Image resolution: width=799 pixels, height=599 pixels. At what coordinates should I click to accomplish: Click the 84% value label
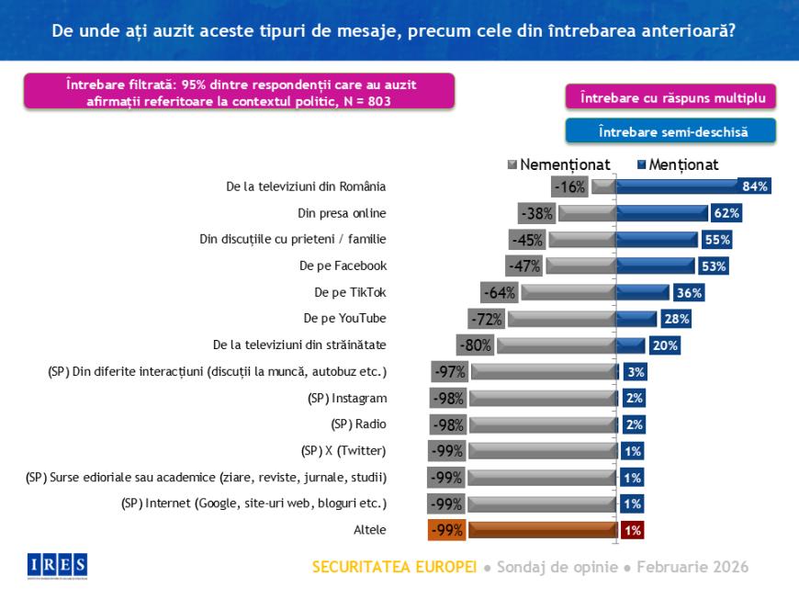tap(755, 186)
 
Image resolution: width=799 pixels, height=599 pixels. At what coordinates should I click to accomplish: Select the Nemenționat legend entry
tap(558, 165)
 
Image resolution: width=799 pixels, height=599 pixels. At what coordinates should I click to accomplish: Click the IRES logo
tap(58, 564)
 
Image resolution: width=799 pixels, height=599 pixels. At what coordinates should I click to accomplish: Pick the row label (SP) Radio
tap(357, 424)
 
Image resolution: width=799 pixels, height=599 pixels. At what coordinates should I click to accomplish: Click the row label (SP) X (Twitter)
tap(343, 450)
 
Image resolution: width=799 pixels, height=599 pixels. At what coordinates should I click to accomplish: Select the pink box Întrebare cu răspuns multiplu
tap(670, 96)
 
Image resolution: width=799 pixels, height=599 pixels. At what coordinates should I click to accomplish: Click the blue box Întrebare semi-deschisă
tap(671, 131)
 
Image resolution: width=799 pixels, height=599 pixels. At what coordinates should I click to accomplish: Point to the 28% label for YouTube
tap(675, 319)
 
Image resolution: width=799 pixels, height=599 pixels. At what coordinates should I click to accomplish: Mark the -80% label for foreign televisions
tap(476, 345)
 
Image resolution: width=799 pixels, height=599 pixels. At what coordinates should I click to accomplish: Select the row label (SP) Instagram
tap(347, 398)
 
